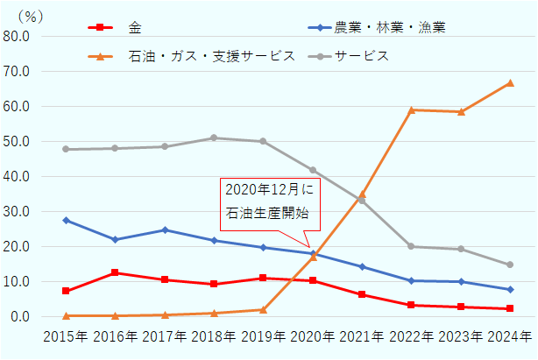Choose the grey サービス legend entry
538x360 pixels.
pos(350,56)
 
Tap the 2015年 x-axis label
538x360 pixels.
pos(67,336)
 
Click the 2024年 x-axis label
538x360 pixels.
pos(510,336)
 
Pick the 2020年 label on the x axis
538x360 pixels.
pos(313,336)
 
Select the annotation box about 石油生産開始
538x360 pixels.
pos(267,201)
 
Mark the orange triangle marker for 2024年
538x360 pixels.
pos(510,83)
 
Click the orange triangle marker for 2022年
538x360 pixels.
pos(412,109)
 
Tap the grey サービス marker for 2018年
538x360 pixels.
pos(215,138)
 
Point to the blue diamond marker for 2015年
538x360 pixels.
pos(67,220)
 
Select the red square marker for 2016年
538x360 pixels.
pos(116,272)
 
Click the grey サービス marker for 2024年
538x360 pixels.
pos(510,265)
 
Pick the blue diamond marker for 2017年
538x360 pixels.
pos(165,229)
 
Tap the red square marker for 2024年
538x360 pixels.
pos(510,308)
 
